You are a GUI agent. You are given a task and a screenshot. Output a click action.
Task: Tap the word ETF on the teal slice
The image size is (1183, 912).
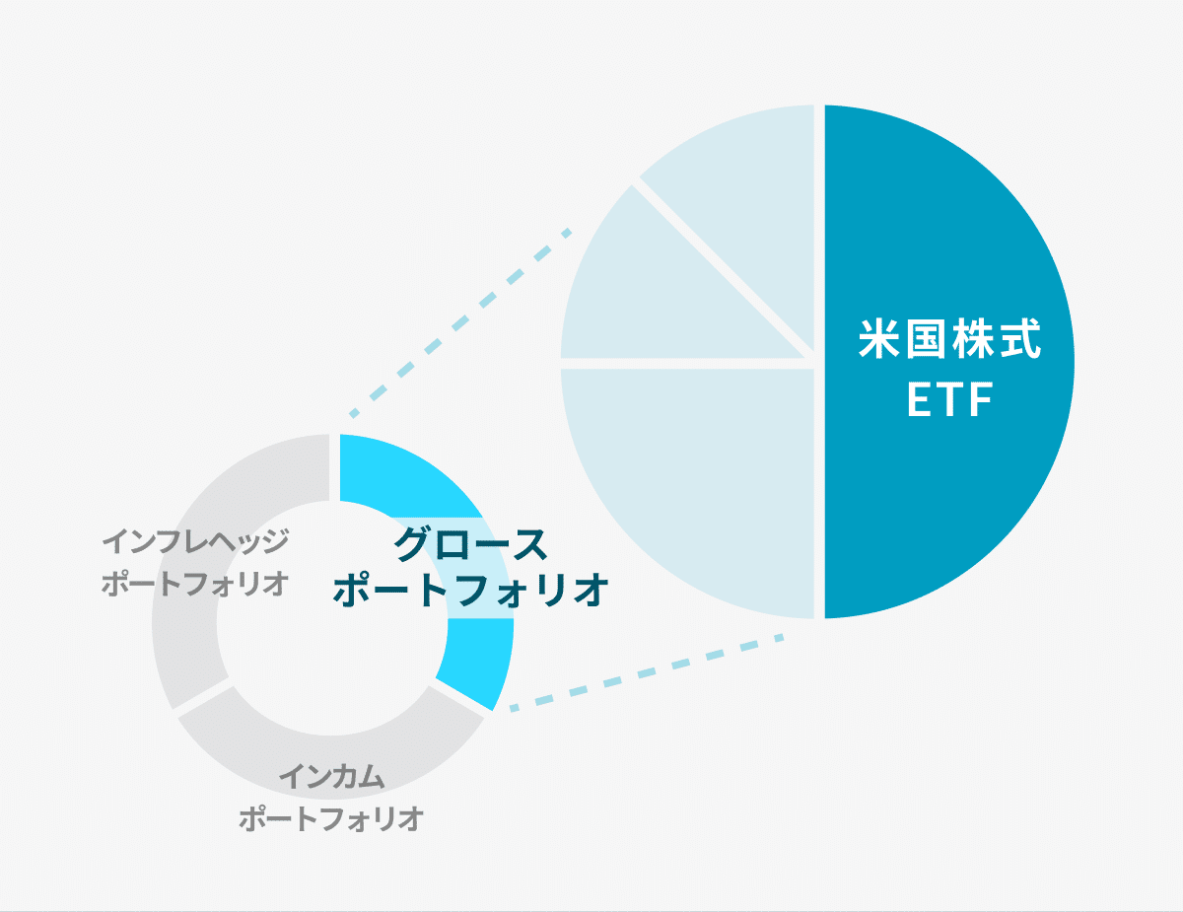[x=949, y=402]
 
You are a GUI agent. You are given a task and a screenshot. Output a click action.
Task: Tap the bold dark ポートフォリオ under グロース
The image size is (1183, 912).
[x=470, y=591]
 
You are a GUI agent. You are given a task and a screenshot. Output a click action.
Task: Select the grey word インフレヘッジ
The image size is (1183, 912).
[x=195, y=541]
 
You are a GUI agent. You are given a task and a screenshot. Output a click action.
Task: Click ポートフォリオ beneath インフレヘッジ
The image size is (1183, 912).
[x=195, y=583]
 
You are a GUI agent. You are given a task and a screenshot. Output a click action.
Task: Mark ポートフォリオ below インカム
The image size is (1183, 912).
[x=331, y=819]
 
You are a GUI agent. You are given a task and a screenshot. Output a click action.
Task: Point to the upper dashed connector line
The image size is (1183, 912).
[x=463, y=320]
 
